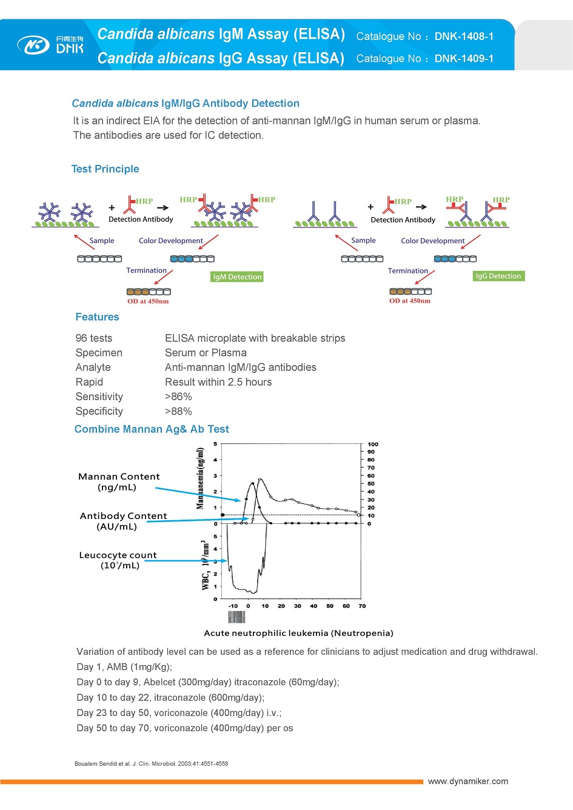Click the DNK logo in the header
click(x=51, y=45)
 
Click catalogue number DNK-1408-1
click(x=464, y=36)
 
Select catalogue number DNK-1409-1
click(x=464, y=59)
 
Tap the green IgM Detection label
click(x=237, y=277)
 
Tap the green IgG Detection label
click(x=498, y=276)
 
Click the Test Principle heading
click(x=105, y=169)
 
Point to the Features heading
click(x=97, y=317)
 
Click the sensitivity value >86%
click(x=178, y=397)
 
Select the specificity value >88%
click(x=178, y=411)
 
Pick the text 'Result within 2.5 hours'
click(x=218, y=382)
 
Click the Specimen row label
click(x=99, y=353)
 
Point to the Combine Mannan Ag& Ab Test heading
click(x=152, y=429)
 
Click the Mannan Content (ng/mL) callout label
click(x=119, y=482)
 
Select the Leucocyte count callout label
click(x=118, y=560)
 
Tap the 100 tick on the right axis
click(x=372, y=444)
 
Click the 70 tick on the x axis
click(x=362, y=606)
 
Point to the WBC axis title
click(x=206, y=565)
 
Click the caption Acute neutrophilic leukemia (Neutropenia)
click(x=298, y=633)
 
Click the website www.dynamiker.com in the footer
click(x=468, y=782)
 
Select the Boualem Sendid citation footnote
click(x=151, y=764)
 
